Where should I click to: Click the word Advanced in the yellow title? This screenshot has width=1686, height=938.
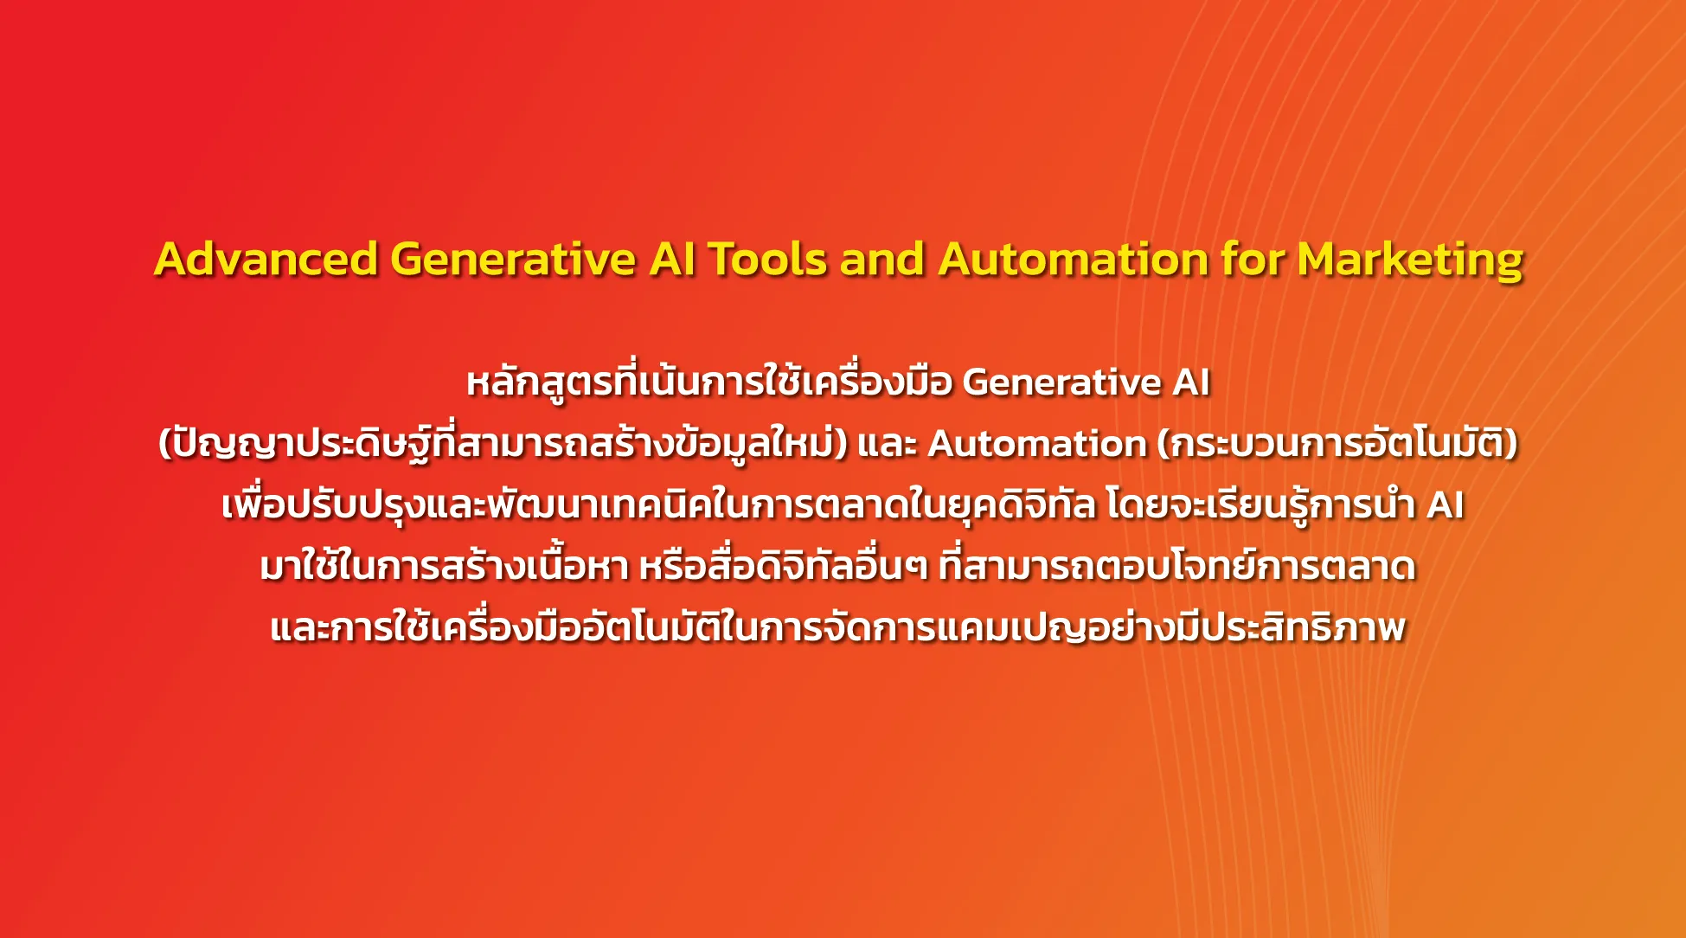click(x=266, y=259)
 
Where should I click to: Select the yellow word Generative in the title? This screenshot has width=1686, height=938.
click(x=513, y=259)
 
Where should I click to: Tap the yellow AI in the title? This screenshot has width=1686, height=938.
click(x=672, y=259)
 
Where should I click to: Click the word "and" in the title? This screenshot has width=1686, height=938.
click(x=882, y=259)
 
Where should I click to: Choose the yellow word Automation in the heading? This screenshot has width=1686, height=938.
click(x=1074, y=259)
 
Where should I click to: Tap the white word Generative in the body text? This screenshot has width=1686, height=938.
click(x=1061, y=382)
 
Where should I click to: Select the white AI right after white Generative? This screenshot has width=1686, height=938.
click(x=1191, y=382)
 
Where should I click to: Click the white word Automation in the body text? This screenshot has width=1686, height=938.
click(x=1037, y=444)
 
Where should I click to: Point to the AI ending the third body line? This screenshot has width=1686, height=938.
click(x=1445, y=505)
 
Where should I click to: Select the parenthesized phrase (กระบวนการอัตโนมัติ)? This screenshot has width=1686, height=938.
click(x=1337, y=443)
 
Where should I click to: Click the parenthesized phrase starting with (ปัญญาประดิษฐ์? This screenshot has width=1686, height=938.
click(x=503, y=443)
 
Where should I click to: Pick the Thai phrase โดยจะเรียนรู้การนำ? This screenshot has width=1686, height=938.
click(x=1260, y=504)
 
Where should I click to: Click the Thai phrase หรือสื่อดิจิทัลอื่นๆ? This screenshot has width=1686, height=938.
click(x=784, y=566)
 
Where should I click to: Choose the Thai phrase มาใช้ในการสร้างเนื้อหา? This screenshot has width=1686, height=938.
click(x=445, y=565)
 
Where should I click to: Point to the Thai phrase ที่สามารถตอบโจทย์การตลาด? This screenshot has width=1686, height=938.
click(x=1176, y=565)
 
